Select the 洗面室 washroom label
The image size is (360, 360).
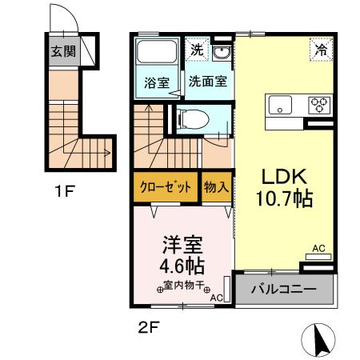point(206,81)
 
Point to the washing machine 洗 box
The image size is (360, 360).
point(197,50)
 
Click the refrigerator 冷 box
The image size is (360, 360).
point(321,50)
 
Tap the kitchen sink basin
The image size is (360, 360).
point(282,105)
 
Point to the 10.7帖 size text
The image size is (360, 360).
point(280,198)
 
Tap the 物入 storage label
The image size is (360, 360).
point(216,188)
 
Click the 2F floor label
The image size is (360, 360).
point(144,328)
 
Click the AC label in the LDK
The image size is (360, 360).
point(318,248)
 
